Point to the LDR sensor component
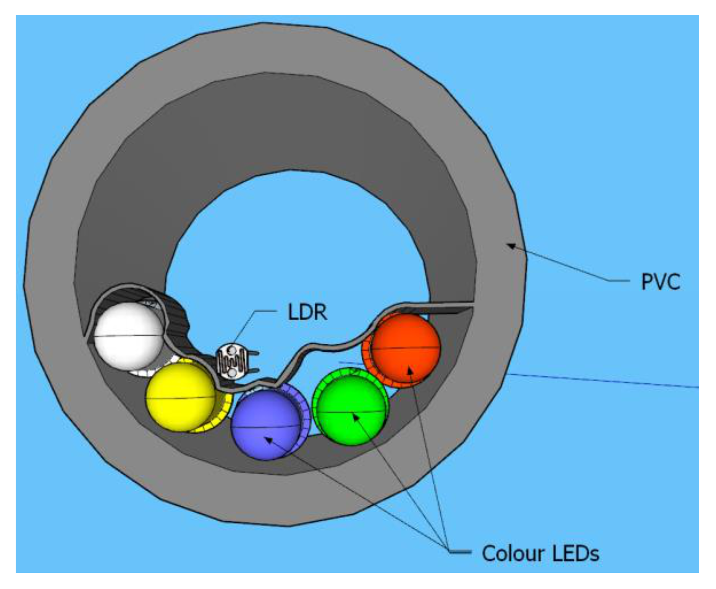click(x=231, y=362)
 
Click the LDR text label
click(x=307, y=313)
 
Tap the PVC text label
click(x=661, y=282)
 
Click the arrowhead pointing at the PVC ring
click(x=511, y=246)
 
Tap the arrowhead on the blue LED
click(x=268, y=440)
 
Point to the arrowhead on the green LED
click(x=355, y=417)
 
